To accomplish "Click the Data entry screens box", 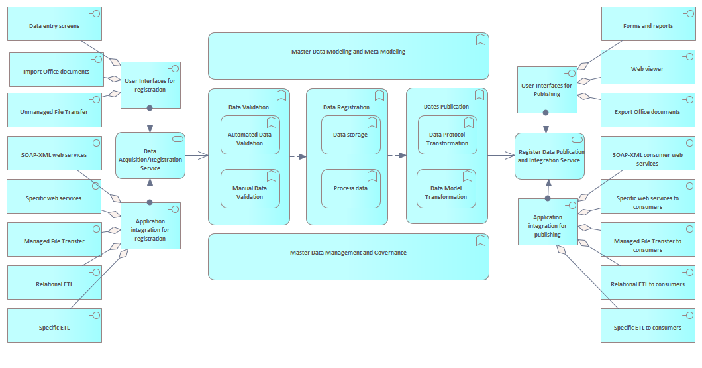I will [x=54, y=26].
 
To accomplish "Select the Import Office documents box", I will [x=56, y=71].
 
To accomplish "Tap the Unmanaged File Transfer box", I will [x=54, y=111].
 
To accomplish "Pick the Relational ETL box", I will [x=54, y=284].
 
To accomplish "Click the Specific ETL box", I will [x=54, y=327].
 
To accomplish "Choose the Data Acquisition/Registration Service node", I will [x=150, y=159].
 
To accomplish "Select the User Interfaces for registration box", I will [x=150, y=85].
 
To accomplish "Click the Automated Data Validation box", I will [x=250, y=138].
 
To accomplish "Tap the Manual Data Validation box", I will [x=250, y=192].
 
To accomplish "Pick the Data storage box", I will [x=350, y=135].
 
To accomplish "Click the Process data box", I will [x=350, y=188].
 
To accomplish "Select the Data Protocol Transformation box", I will [x=447, y=139].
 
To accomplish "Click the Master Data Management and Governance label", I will [x=348, y=253].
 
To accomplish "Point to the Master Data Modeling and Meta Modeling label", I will [x=348, y=52].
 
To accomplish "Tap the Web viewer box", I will [x=647, y=68].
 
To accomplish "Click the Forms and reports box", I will [x=648, y=26].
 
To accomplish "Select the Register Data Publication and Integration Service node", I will [x=550, y=156].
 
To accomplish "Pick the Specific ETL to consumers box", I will [x=647, y=327].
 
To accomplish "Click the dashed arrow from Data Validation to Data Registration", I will [x=298, y=157].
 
